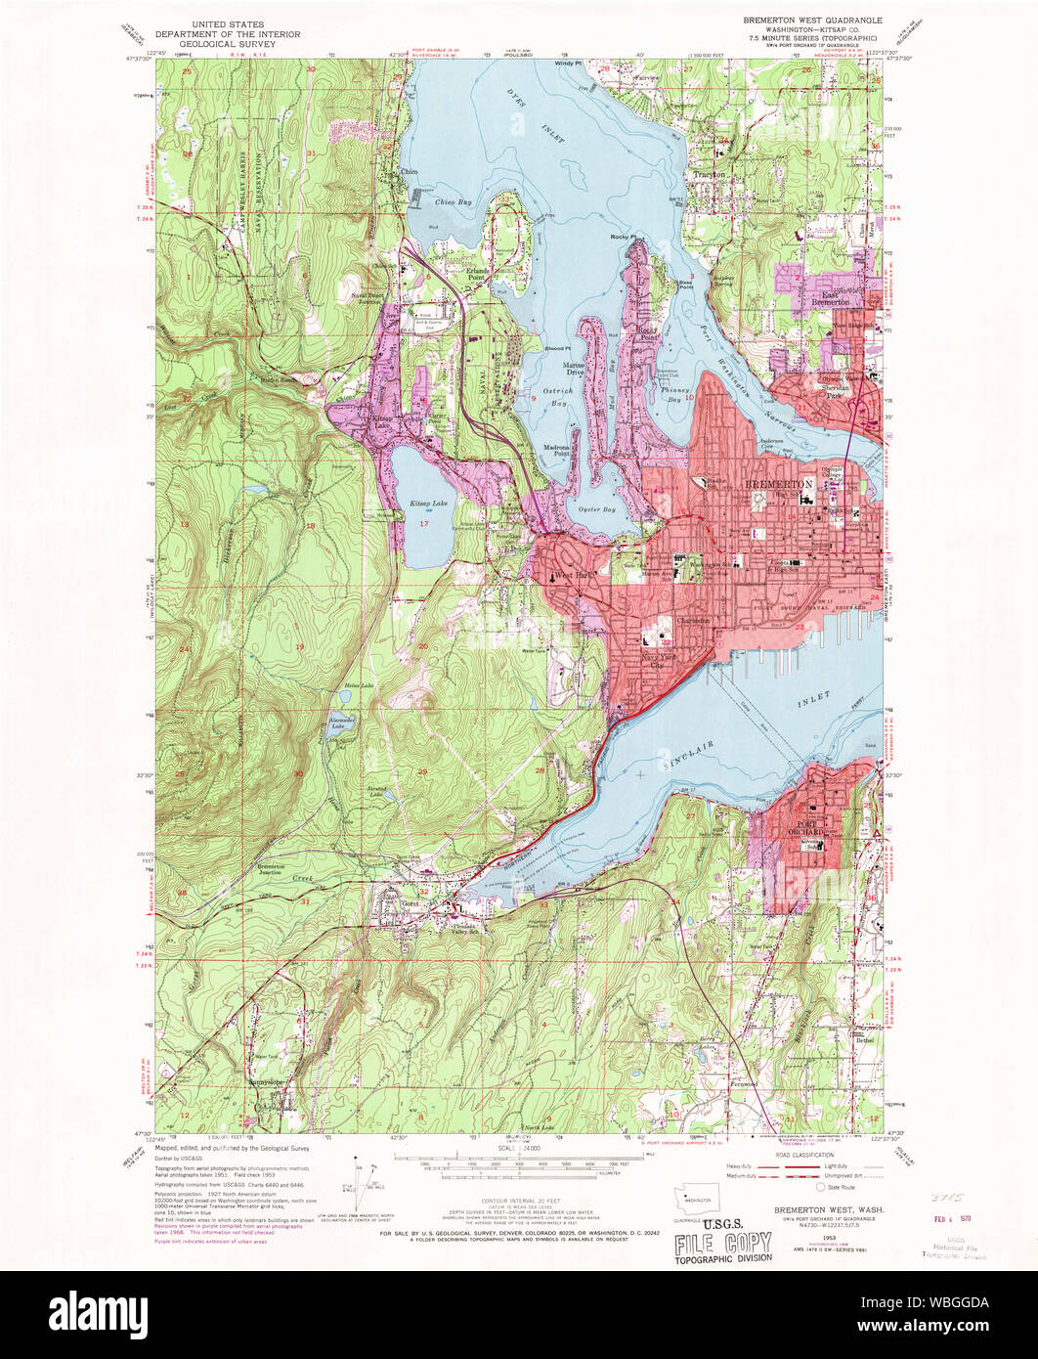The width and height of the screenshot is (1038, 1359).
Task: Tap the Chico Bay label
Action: (453, 202)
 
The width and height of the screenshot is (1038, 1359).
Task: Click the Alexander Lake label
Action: (339, 724)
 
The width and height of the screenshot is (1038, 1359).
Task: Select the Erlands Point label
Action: (476, 274)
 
